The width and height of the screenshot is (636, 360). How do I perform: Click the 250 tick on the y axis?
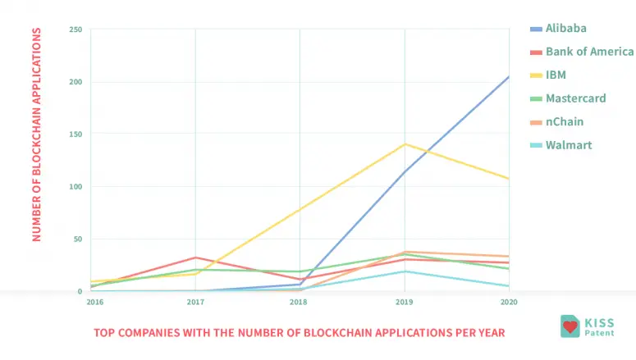[x=75, y=30]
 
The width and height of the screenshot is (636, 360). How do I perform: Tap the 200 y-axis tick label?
[x=75, y=82]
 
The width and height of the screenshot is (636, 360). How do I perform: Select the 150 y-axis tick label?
[x=75, y=134]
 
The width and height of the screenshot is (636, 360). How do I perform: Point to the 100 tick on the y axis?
[x=75, y=187]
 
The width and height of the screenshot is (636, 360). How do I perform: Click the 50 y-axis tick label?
[x=77, y=239]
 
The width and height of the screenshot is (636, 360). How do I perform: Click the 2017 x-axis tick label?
[x=194, y=302]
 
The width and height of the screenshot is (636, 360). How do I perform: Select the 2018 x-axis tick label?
[x=299, y=302]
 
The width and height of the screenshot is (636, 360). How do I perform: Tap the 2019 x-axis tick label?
[x=404, y=302]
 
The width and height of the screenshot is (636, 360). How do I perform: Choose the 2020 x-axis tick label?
[x=509, y=302]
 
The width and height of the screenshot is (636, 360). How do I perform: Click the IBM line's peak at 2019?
[x=405, y=144]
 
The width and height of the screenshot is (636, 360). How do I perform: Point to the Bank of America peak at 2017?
[x=195, y=257]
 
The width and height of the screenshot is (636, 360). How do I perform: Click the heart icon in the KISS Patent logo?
[x=570, y=326]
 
